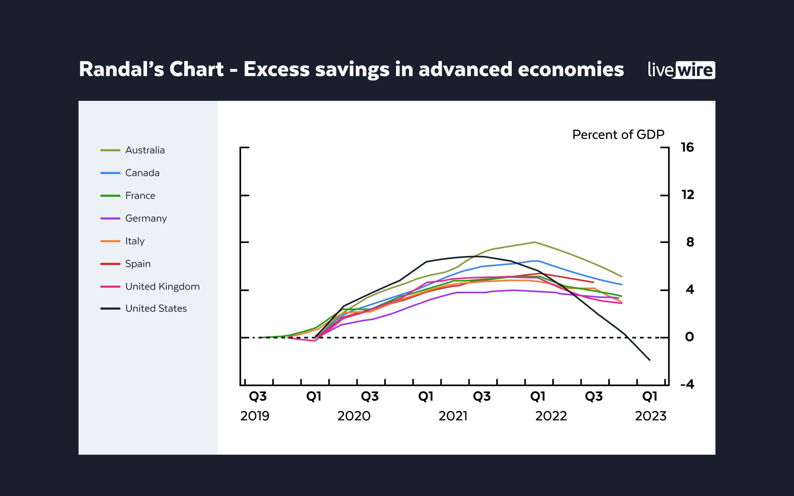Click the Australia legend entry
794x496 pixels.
tap(145, 150)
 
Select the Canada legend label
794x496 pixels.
tap(142, 173)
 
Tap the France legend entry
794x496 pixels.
tap(140, 196)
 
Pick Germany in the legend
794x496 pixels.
tap(146, 219)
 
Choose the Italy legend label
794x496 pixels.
tap(135, 241)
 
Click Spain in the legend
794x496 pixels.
tap(138, 264)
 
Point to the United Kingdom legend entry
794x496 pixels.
tap(162, 286)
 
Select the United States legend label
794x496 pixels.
tap(156, 309)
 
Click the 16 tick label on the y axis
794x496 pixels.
tap(687, 148)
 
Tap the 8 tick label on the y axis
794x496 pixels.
tap(690, 242)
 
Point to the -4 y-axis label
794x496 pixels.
tap(687, 384)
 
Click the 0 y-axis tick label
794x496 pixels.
tap(690, 337)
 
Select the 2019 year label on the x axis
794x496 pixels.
tap(255, 416)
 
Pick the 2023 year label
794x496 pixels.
tap(651, 416)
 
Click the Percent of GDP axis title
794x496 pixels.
tap(618, 135)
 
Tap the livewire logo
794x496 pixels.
tap(681, 70)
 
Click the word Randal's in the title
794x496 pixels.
tap(121, 69)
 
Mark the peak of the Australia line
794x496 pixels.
tap(534, 242)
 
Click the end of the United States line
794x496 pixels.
tap(649, 360)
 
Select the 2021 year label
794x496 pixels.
tap(453, 416)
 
